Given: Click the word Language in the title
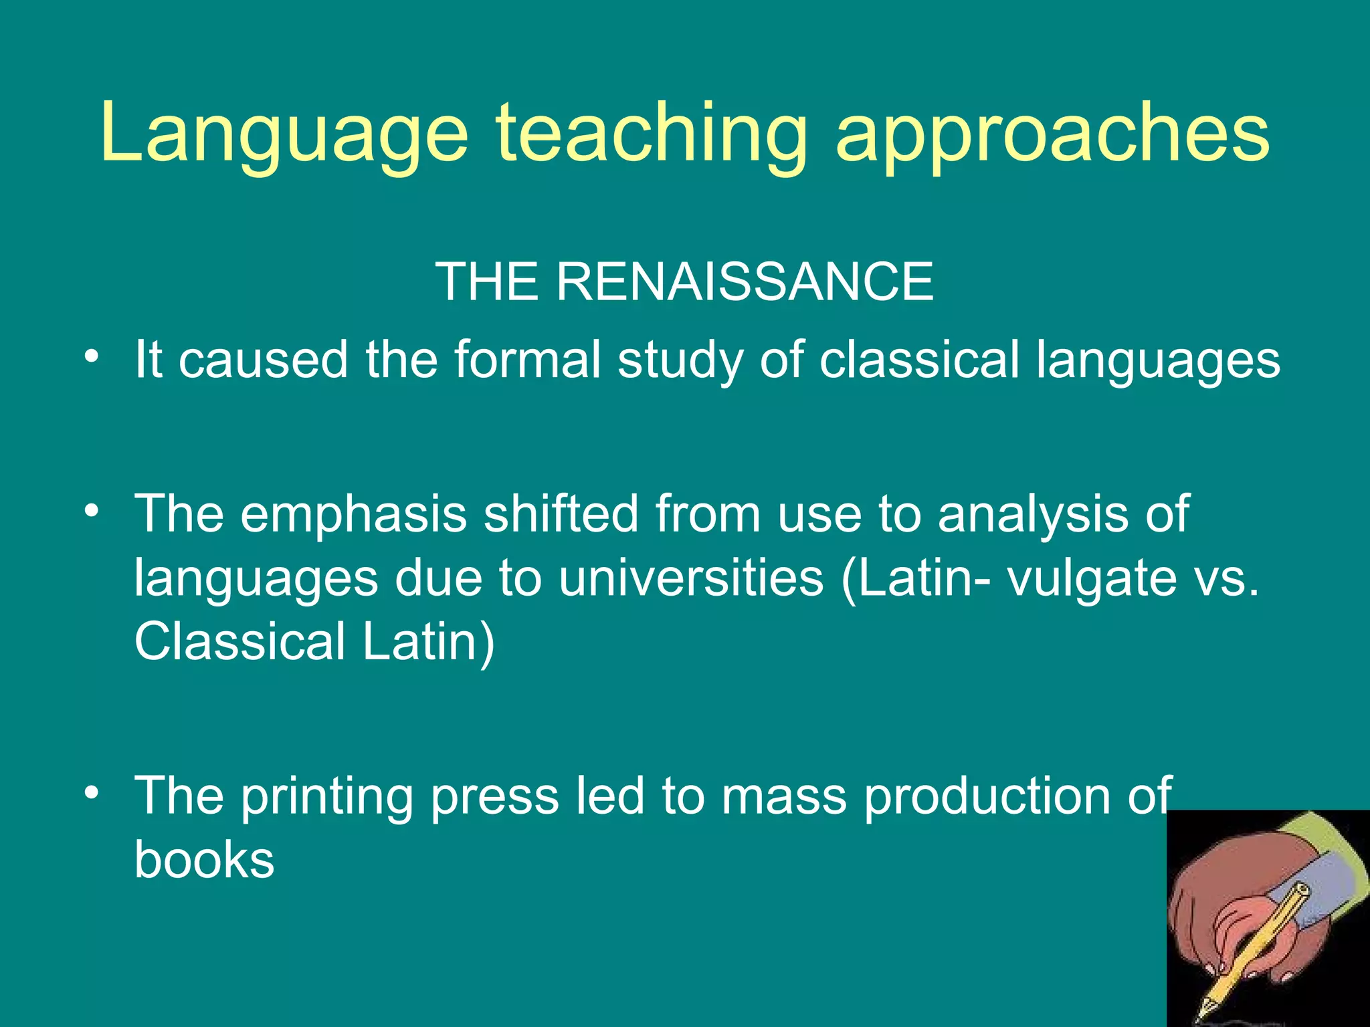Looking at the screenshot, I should pyautogui.click(x=284, y=134).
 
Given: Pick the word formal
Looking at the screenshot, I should pyautogui.click(x=528, y=360).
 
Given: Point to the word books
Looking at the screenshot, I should pyautogui.click(x=204, y=860).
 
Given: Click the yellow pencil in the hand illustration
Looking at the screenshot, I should pyautogui.click(x=1258, y=943).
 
